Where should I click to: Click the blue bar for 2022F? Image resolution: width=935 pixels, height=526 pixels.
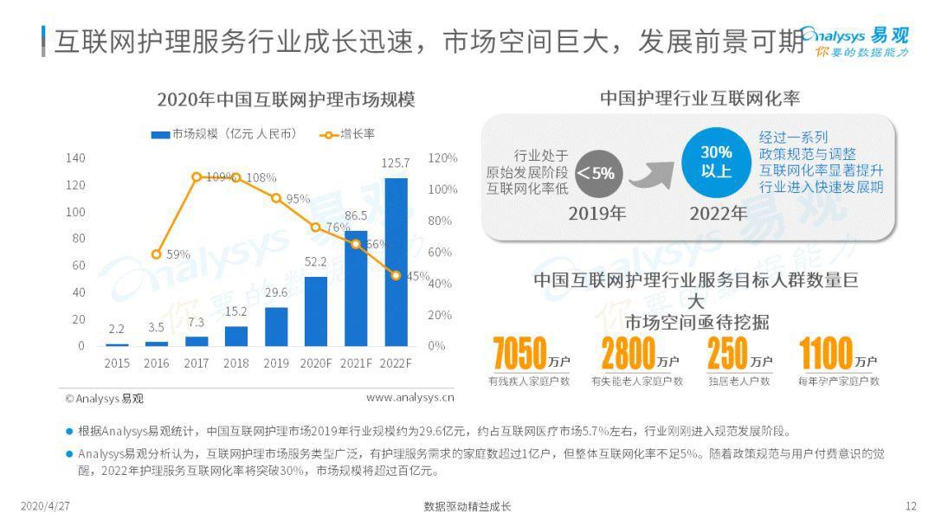(x=396, y=262)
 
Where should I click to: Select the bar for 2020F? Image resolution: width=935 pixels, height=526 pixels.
(x=316, y=311)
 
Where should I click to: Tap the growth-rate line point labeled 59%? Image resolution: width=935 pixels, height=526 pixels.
(x=156, y=254)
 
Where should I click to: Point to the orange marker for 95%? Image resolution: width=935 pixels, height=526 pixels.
(x=276, y=198)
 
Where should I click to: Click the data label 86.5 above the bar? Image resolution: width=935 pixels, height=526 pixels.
(x=356, y=215)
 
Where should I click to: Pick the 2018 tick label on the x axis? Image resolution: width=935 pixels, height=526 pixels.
(x=235, y=363)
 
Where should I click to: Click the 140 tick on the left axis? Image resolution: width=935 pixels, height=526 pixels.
(x=75, y=157)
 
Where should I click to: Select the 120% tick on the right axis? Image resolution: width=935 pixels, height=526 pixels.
(x=442, y=158)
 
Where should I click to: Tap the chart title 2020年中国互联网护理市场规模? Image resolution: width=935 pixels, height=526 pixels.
(x=286, y=99)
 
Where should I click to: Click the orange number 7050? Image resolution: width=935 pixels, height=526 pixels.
(x=519, y=354)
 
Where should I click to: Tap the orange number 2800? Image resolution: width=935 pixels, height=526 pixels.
(x=628, y=354)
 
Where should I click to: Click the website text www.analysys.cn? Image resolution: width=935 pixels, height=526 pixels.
(x=409, y=398)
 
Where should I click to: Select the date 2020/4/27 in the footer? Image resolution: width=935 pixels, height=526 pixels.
(x=45, y=506)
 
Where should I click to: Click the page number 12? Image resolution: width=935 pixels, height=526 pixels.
(x=910, y=506)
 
